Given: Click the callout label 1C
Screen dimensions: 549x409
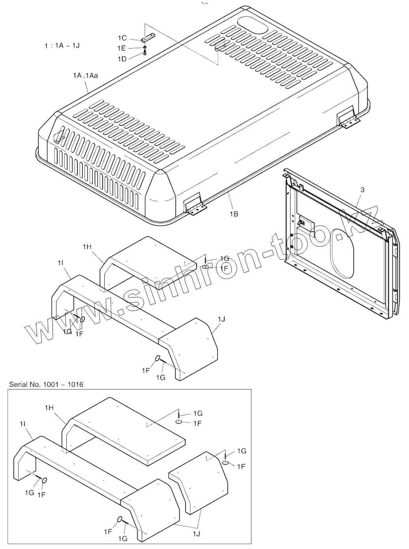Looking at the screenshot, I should pyautogui.click(x=122, y=38).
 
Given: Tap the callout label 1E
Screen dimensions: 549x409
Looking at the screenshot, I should pyautogui.click(x=122, y=48).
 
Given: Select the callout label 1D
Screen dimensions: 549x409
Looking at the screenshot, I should pyautogui.click(x=122, y=58).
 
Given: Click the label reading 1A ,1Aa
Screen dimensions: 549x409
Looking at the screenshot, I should pyautogui.click(x=85, y=75).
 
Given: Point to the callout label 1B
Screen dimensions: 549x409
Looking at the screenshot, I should pyautogui.click(x=234, y=214).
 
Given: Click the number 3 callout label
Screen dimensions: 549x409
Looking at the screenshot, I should pyautogui.click(x=362, y=189).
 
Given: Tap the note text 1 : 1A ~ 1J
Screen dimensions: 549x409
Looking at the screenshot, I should pyautogui.click(x=62, y=46).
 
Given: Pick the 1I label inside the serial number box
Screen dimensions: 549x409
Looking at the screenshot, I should pyautogui.click(x=23, y=423).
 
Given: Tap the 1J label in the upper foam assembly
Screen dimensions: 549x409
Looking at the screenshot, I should pyautogui.click(x=221, y=319).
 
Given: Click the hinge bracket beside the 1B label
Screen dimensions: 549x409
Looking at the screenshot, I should pyautogui.click(x=195, y=206).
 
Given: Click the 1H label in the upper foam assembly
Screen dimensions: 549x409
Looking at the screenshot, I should pyautogui.click(x=87, y=247).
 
